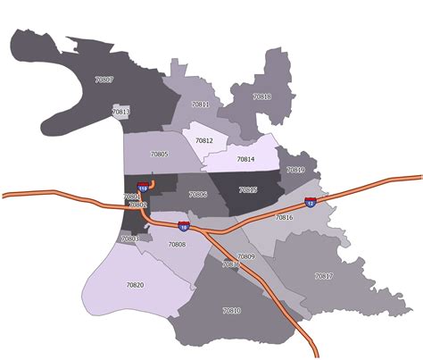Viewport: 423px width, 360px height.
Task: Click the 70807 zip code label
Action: click(104, 80)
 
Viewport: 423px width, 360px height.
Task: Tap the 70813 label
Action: click(121, 112)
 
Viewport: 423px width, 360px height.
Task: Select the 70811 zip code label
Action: click(200, 105)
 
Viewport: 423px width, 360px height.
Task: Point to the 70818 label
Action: click(261, 96)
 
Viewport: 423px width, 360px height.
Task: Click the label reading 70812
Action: click(204, 141)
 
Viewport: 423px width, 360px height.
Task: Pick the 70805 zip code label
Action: click(159, 155)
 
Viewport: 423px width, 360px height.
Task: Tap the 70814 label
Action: click(245, 159)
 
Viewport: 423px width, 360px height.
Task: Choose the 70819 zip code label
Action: click(295, 170)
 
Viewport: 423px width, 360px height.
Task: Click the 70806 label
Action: click(198, 194)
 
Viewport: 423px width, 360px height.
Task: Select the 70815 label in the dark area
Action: click(247, 189)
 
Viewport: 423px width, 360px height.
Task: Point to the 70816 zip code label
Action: click(284, 218)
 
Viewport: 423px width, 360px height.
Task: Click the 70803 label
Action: click(130, 239)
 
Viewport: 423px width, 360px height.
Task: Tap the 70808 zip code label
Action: click(177, 244)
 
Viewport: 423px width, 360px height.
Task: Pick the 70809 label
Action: click(246, 257)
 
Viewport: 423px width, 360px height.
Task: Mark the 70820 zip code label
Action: click(135, 285)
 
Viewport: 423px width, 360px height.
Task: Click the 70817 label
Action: click(323, 276)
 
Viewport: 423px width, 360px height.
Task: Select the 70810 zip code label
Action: click(231, 310)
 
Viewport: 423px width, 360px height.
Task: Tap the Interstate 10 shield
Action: click(183, 226)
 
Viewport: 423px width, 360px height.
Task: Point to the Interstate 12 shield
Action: click(310, 203)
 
